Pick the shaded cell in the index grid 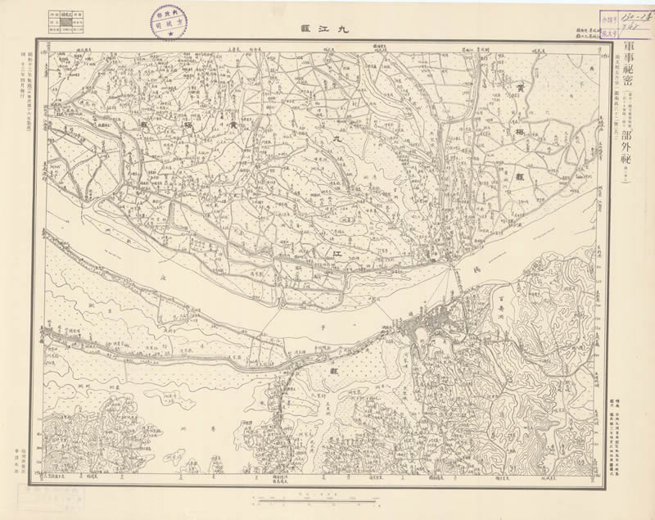(68, 20)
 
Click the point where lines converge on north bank (447, 263)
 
